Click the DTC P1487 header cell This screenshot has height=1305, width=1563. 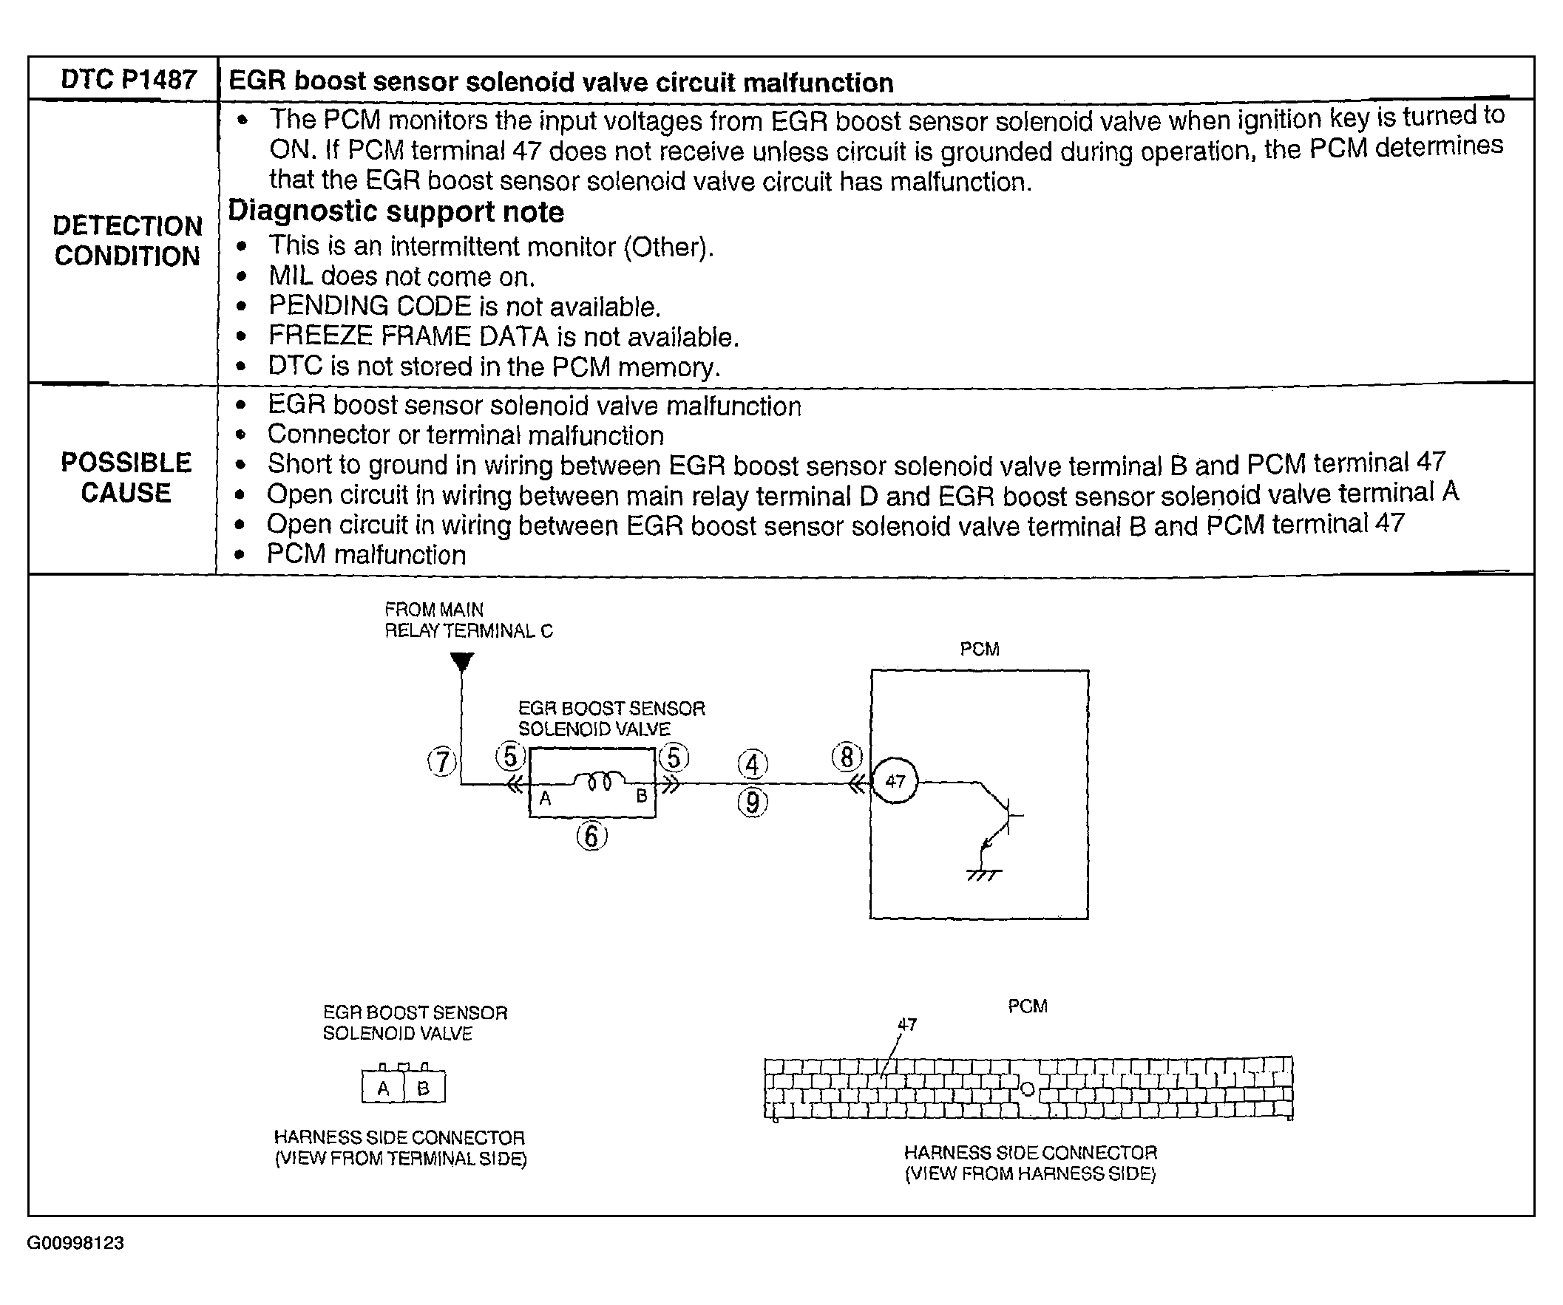(x=128, y=79)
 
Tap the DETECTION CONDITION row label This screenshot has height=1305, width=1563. (x=127, y=240)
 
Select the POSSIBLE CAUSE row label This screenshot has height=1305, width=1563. (x=126, y=477)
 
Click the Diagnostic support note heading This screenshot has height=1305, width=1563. (x=396, y=212)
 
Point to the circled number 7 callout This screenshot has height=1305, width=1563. (x=442, y=762)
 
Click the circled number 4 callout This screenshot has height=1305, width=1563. (x=753, y=764)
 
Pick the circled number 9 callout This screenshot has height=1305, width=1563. (x=753, y=803)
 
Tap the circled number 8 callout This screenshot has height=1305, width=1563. (x=847, y=757)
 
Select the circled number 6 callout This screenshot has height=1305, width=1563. (x=591, y=837)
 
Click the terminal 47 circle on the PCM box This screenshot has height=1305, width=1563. (x=895, y=781)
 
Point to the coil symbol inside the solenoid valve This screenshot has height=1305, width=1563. (x=600, y=781)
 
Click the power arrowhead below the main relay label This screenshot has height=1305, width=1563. (x=462, y=661)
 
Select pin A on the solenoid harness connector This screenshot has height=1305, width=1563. (x=383, y=1088)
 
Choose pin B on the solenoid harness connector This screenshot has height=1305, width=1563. (x=424, y=1088)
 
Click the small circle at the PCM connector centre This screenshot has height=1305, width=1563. (x=1028, y=1089)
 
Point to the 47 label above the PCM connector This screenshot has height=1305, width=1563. (x=907, y=1024)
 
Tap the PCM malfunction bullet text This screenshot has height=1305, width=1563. (x=366, y=555)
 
